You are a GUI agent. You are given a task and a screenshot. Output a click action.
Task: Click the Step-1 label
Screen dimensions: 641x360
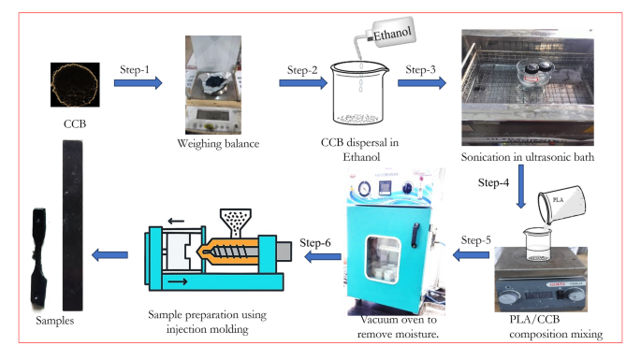[x=135, y=69]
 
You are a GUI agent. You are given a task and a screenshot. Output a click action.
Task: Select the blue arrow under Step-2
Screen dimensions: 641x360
[x=303, y=83]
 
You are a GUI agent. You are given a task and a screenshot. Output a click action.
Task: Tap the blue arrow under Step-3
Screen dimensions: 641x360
[x=421, y=83]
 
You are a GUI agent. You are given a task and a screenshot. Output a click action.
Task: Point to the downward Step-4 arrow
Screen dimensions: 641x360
[x=521, y=187]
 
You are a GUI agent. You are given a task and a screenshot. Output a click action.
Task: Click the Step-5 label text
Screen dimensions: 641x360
[x=476, y=240]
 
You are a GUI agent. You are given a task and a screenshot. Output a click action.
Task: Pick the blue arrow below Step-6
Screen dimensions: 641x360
[x=323, y=257]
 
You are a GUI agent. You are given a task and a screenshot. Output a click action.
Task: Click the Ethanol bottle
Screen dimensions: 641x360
[x=385, y=36]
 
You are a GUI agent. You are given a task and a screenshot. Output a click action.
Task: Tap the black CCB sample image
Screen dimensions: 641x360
[x=75, y=84]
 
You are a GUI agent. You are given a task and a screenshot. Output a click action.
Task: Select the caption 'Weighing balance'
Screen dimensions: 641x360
[x=218, y=144]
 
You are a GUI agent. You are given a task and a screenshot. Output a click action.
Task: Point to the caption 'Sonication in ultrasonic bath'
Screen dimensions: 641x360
[x=528, y=157]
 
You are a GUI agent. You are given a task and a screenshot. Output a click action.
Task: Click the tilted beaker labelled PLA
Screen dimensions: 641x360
[x=561, y=205]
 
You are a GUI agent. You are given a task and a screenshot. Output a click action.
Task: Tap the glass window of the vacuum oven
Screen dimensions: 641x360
[x=383, y=259]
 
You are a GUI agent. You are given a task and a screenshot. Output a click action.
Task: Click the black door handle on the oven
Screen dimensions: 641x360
[x=415, y=236]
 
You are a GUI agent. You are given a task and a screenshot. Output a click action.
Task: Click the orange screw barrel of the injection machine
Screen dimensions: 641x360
[x=229, y=251]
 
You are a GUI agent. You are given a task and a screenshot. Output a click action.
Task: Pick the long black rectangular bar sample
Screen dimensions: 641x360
[x=73, y=225]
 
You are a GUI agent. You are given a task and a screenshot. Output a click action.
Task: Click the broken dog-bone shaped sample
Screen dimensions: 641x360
[x=39, y=258]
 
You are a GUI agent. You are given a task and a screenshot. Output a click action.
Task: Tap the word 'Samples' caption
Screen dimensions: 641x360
[x=55, y=321]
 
